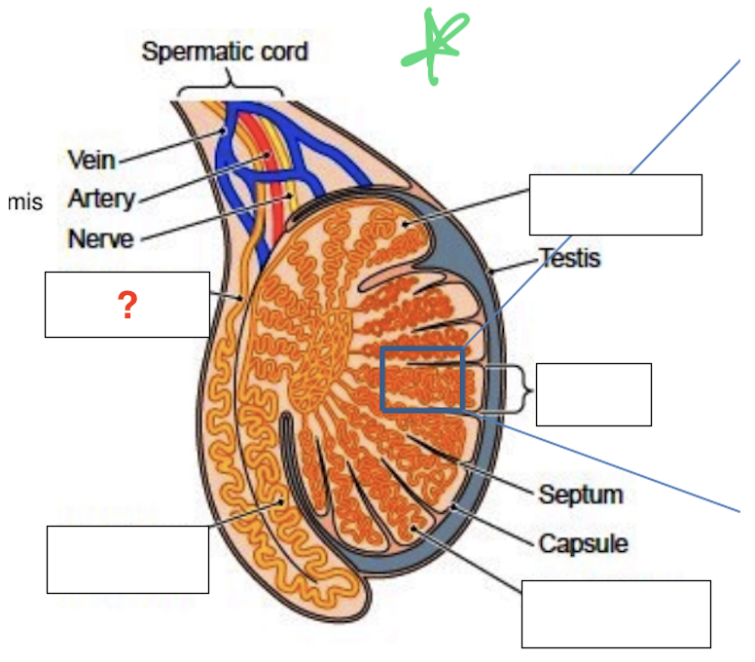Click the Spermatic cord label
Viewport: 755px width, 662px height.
[225, 51]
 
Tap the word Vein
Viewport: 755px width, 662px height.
[91, 160]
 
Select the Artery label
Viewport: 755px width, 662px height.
[100, 199]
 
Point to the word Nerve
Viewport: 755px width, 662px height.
[100, 239]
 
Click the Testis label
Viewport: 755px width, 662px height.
[570, 259]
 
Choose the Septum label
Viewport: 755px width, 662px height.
[581, 495]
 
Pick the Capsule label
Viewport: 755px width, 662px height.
[583, 543]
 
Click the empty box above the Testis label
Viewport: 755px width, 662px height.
[615, 204]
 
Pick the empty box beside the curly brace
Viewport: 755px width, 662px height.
[593, 394]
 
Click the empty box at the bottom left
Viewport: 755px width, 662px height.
[127, 559]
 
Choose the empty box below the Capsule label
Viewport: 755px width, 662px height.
[616, 613]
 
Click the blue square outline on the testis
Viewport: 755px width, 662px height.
[421, 379]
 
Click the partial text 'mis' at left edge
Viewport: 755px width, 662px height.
[24, 202]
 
